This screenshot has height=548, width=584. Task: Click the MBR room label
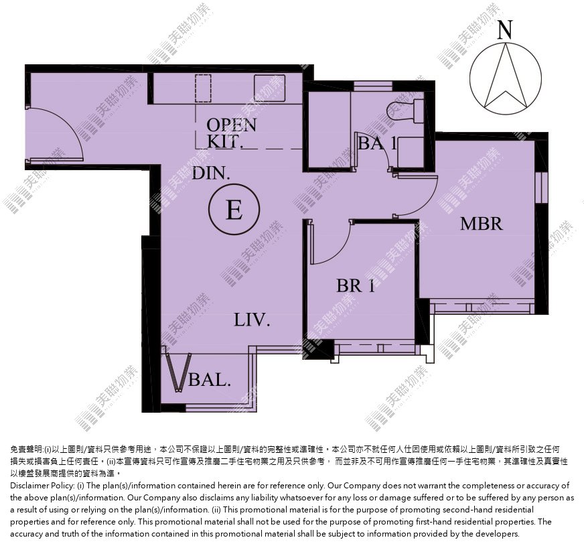click(x=482, y=224)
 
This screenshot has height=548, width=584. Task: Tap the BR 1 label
click(x=356, y=286)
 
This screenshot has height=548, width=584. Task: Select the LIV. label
click(x=252, y=320)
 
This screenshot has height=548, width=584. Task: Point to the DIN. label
click(x=211, y=174)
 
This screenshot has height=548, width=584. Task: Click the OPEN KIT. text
click(x=232, y=133)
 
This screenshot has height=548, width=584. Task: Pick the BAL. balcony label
click(x=210, y=380)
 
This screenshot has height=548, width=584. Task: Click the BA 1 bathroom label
click(x=377, y=143)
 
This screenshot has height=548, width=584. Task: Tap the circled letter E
click(x=234, y=209)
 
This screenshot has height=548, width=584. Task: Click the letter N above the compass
click(x=505, y=29)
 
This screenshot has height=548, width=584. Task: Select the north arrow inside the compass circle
click(x=506, y=76)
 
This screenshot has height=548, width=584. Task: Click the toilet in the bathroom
click(x=405, y=110)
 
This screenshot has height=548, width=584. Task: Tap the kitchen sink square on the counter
click(x=270, y=88)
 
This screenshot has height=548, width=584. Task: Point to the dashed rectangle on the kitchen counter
click(x=204, y=88)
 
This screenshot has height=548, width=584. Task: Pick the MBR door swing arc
click(x=421, y=201)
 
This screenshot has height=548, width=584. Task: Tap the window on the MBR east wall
click(x=541, y=188)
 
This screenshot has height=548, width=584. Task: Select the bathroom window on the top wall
click(x=372, y=86)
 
